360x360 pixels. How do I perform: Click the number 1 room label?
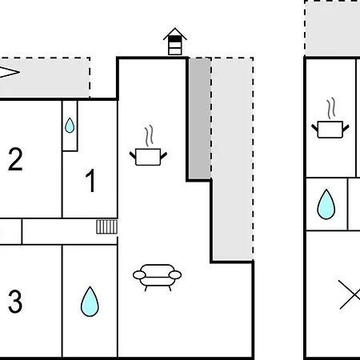tap(91, 180)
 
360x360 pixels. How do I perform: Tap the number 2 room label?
tap(15, 159)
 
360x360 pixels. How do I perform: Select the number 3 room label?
tap(15, 302)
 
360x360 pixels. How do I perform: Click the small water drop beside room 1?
tap(70, 126)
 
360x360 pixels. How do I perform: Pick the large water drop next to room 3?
tap(90, 302)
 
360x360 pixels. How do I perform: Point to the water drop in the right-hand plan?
tap(326, 204)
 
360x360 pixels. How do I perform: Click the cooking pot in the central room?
tap(148, 157)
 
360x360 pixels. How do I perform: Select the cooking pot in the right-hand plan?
tap(330, 130)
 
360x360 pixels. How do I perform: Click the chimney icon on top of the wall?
tap(175, 42)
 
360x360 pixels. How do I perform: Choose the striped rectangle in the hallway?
tap(106, 226)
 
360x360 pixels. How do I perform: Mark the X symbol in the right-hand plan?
tap(350, 294)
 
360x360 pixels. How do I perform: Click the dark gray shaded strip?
tap(200, 118)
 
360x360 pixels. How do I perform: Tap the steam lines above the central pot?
tap(150, 135)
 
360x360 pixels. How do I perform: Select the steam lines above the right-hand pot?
tap(331, 108)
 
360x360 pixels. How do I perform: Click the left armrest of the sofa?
tap(139, 275)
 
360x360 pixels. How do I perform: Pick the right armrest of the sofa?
tap(175, 274)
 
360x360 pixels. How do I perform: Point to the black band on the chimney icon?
tap(175, 39)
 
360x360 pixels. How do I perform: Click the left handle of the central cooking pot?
tap(133, 155)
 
